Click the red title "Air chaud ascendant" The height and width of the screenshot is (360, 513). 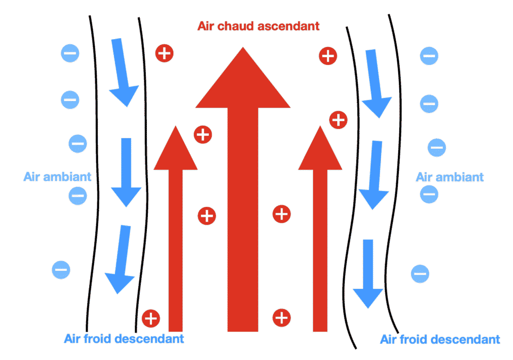click(x=259, y=26)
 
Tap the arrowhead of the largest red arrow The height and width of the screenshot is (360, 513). click(x=243, y=80)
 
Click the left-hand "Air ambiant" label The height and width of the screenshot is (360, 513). click(x=58, y=176)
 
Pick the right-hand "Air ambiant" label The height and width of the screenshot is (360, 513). click(x=450, y=176)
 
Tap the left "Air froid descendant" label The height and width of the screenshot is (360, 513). click(x=124, y=338)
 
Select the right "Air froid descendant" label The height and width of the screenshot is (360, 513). click(x=440, y=339)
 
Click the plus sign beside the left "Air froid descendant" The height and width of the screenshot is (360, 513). click(x=151, y=318)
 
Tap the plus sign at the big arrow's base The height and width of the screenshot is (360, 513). click(x=282, y=317)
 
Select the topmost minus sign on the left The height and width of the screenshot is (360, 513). click(x=70, y=53)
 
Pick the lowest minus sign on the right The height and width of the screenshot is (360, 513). click(x=420, y=273)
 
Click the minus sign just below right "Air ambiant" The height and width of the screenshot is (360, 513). click(x=429, y=194)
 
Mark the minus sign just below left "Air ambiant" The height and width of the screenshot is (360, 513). click(x=78, y=195)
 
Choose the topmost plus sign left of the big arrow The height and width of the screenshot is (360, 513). click(x=164, y=53)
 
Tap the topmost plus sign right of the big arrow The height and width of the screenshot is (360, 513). click(x=328, y=56)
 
